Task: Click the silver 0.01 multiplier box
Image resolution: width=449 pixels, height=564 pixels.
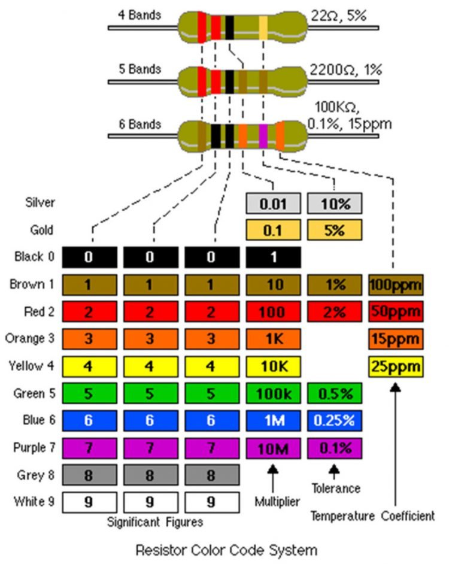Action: click(272, 203)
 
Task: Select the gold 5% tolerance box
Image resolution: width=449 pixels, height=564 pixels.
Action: click(335, 230)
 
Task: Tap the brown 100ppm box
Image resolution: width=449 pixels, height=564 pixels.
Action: click(396, 284)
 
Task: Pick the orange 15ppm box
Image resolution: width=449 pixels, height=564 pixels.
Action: click(396, 338)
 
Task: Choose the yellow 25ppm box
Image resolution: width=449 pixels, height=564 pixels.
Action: click(396, 365)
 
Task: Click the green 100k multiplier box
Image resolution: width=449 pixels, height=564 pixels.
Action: click(272, 393)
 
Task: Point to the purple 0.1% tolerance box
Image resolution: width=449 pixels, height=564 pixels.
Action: click(335, 447)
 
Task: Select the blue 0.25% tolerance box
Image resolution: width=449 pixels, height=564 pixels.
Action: click(335, 420)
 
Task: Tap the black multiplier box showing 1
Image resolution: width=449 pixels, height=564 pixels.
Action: click(272, 257)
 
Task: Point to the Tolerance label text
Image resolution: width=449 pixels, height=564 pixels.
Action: click(335, 489)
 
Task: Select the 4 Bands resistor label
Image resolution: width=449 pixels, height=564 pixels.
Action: click(139, 14)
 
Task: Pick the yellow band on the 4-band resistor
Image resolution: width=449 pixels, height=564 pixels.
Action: click(263, 27)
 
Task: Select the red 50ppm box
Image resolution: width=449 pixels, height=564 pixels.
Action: click(396, 311)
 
